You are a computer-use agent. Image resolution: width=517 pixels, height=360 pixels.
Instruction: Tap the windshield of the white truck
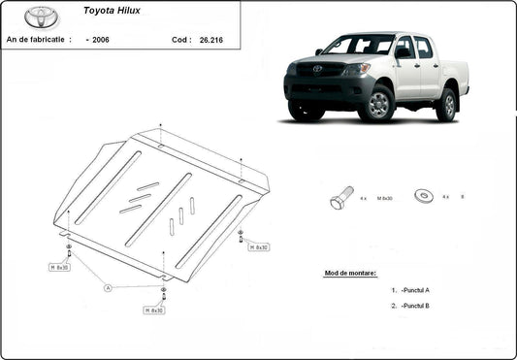click(x=358, y=45)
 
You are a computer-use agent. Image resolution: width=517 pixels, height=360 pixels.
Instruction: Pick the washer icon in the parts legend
click(x=422, y=195)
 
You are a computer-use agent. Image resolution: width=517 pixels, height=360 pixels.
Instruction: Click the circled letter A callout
click(x=109, y=287)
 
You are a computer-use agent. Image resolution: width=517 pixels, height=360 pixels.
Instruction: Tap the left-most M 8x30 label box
click(x=59, y=267)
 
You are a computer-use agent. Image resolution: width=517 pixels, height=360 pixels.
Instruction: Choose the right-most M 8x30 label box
click(x=258, y=247)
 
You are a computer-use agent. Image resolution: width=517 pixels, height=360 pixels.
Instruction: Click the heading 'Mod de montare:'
click(x=350, y=274)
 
